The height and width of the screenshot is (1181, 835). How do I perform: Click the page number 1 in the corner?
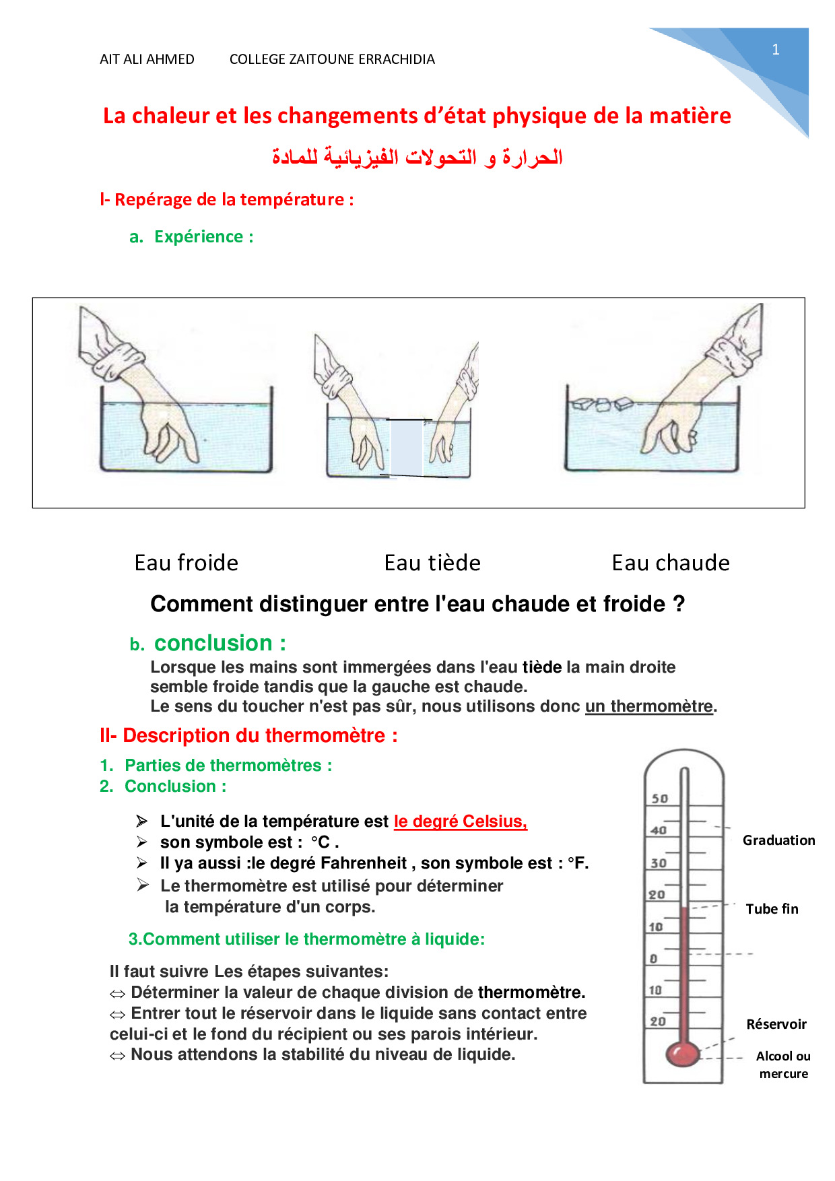[x=776, y=49]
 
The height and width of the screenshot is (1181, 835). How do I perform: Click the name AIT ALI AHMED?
[x=147, y=59]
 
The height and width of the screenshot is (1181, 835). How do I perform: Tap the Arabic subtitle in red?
[x=417, y=157]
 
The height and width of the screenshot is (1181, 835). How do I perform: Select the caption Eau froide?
[x=187, y=563]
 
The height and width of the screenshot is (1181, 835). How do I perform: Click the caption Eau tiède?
[x=432, y=563]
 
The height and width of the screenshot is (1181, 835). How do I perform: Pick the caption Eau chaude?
[x=671, y=563]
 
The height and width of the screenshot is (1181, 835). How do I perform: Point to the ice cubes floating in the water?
[x=602, y=404]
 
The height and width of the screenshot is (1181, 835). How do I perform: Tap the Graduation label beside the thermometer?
[x=778, y=840]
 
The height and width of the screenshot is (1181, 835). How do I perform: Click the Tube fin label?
[x=772, y=909]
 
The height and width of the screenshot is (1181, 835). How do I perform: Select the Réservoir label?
[x=776, y=1024]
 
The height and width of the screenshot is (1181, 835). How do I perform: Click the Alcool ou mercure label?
[x=783, y=1065]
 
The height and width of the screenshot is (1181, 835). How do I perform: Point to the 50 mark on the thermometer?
[x=659, y=799]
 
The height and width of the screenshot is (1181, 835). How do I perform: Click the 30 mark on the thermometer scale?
[x=658, y=863]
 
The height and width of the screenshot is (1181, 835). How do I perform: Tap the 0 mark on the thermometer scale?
[x=653, y=958]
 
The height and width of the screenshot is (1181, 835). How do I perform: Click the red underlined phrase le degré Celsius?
[x=461, y=821]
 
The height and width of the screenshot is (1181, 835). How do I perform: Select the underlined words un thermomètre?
[x=648, y=706]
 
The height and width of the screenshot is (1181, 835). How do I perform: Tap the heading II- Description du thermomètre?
[x=248, y=735]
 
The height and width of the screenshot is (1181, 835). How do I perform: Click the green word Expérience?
[x=199, y=237]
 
